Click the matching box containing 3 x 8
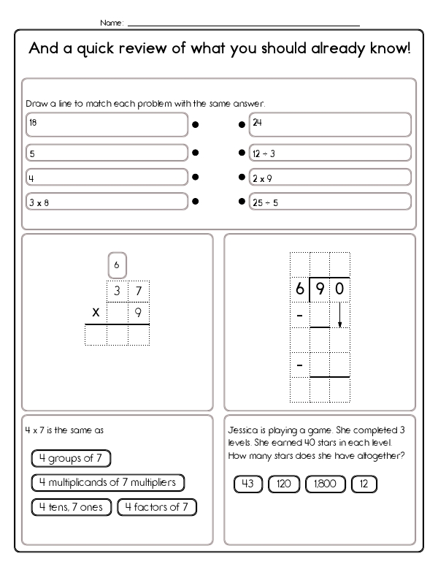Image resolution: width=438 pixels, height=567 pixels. point(107,201)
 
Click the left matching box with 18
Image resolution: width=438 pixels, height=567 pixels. point(107,125)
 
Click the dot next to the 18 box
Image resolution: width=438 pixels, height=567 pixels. point(195,125)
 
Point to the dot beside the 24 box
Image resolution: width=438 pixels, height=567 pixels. point(242,125)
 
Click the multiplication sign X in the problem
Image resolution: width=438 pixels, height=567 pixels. point(96,312)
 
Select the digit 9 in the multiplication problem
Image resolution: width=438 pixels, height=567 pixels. point(139,312)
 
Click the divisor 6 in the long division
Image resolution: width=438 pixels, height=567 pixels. point(299,289)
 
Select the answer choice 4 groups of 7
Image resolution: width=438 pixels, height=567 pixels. point(71,458)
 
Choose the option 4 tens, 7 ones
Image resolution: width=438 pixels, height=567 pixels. point(71,506)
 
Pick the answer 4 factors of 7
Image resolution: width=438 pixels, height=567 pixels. point(157,506)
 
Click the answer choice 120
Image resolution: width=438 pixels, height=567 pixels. point(283,484)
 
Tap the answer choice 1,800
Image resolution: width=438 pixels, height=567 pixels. point(326,484)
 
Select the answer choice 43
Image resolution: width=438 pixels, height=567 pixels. point(247,484)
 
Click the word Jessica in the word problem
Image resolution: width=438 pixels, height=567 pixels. point(243,430)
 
